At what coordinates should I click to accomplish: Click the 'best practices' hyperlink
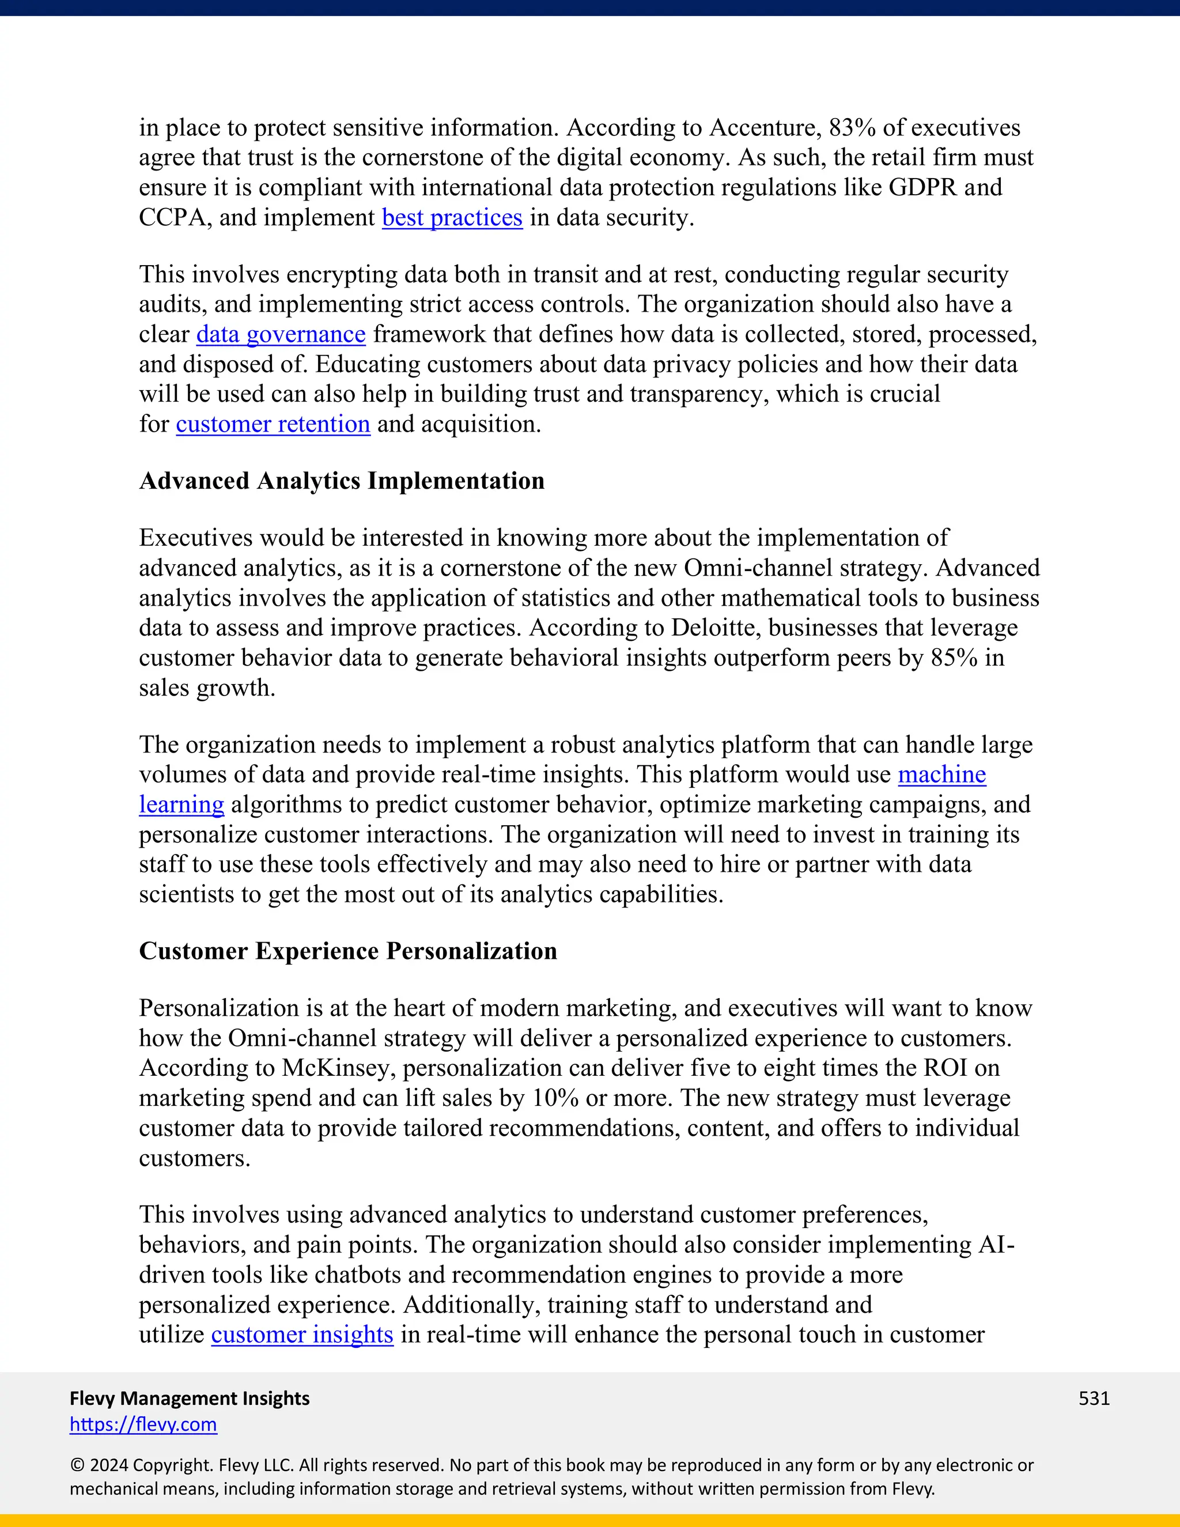click(452, 217)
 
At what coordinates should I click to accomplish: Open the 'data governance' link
click(281, 334)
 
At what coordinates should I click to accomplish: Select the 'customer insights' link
click(302, 1335)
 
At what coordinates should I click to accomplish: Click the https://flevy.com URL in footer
click(143, 1424)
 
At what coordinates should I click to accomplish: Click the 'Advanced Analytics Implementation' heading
click(341, 481)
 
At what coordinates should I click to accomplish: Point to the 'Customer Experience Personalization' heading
click(347, 951)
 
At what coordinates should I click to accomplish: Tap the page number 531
click(1094, 1399)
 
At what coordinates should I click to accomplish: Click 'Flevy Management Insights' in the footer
click(190, 1399)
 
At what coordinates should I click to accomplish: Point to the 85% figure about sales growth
click(954, 658)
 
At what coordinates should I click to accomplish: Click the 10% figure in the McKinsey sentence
click(555, 1098)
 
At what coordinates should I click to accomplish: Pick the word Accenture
click(765, 128)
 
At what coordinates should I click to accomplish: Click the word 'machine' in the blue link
click(941, 774)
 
